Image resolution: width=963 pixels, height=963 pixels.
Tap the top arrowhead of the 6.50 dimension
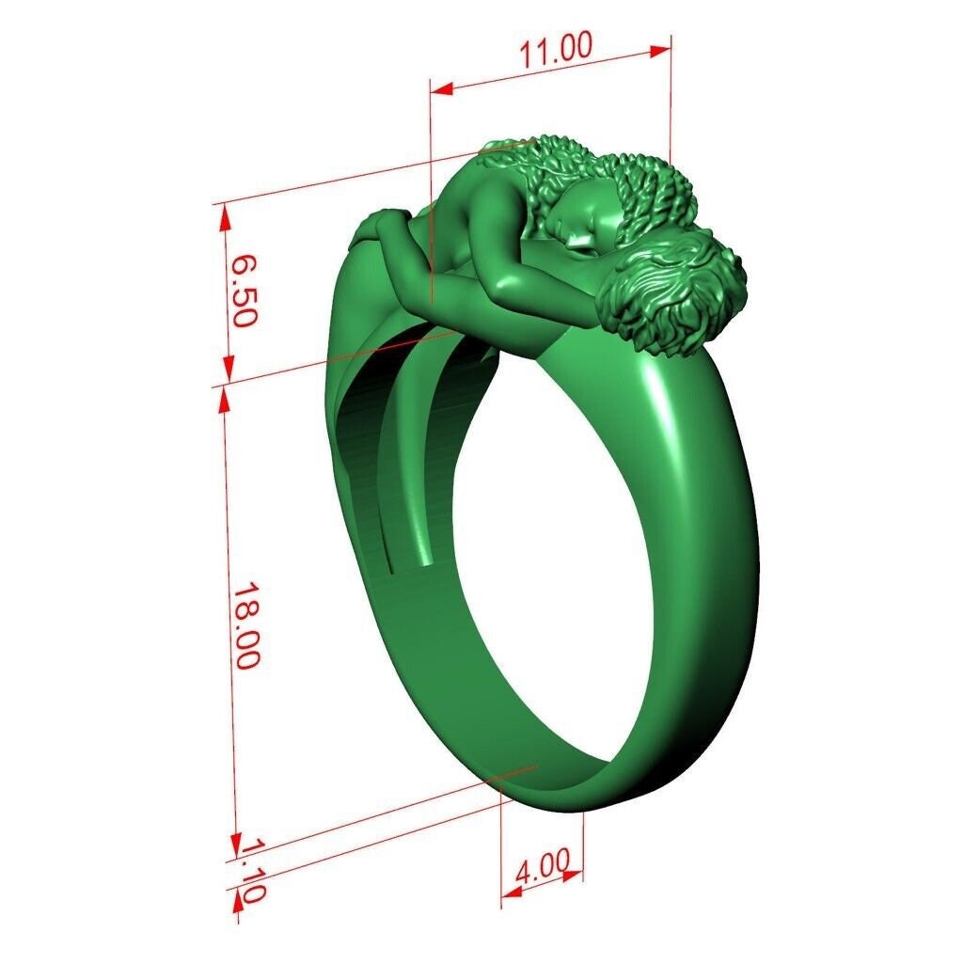224,218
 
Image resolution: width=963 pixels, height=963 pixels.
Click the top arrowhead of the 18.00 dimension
224,401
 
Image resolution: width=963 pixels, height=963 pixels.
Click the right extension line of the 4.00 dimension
584,846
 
